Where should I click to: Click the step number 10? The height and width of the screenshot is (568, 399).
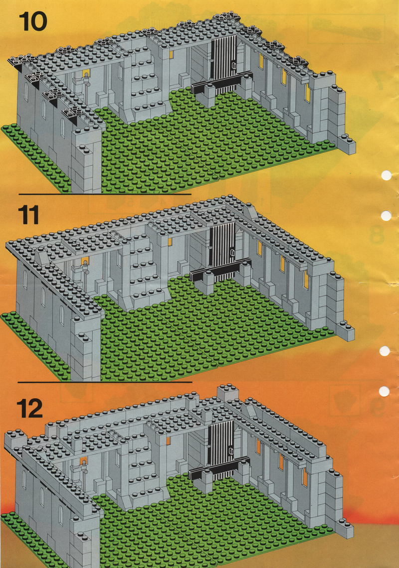[33, 21]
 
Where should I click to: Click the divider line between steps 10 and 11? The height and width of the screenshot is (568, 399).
[105, 194]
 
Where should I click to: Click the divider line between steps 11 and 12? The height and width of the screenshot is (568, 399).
[105, 382]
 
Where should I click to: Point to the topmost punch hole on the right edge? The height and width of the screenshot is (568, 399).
[387, 175]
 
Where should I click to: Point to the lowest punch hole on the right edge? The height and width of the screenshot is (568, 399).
[384, 392]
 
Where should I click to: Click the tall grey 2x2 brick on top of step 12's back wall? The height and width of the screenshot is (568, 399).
[228, 394]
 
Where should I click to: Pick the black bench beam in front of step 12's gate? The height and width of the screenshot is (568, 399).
[219, 468]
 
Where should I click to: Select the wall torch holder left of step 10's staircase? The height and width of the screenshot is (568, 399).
[82, 84]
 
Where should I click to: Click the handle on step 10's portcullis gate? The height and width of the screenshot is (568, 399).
[233, 66]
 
